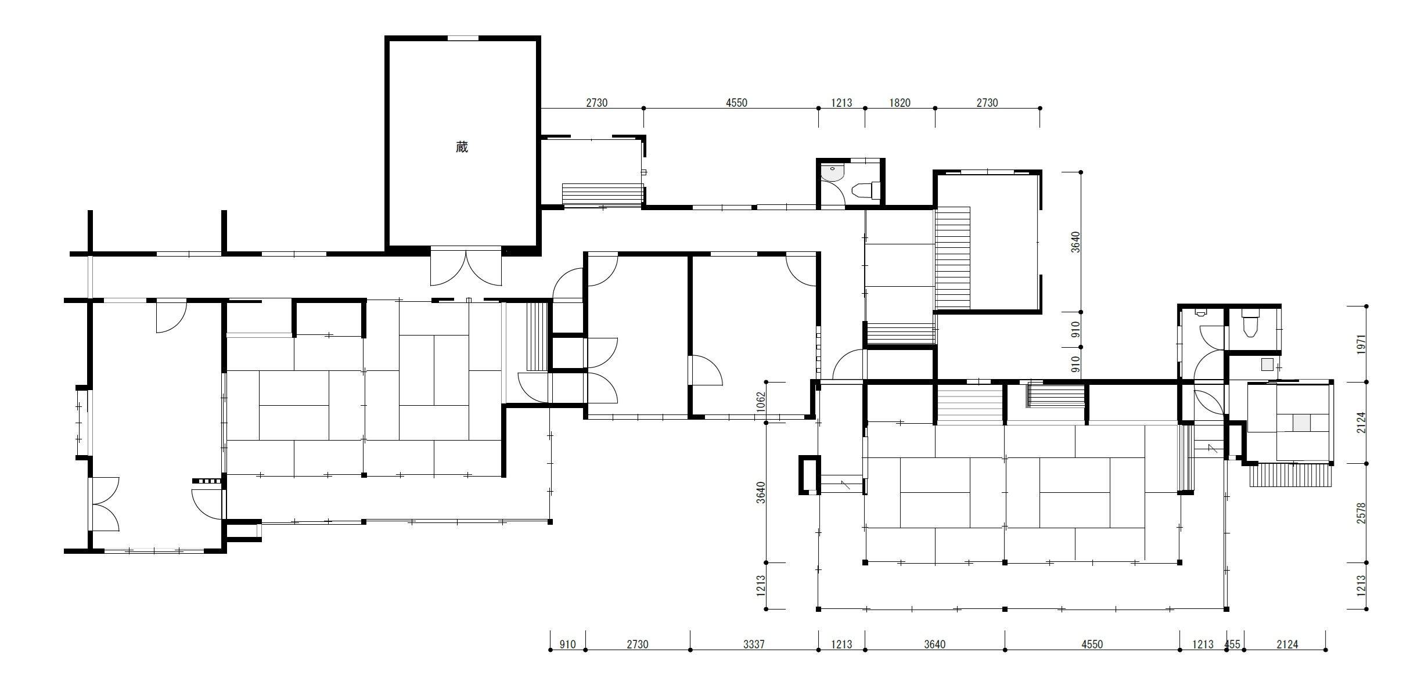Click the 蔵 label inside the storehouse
click(462, 147)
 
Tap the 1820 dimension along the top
click(899, 103)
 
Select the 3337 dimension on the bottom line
click(754, 644)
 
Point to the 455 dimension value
click(1233, 644)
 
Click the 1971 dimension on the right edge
click(1361, 345)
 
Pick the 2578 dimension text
click(1361, 513)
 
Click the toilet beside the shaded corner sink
click(866, 190)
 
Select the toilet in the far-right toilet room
click(1249, 323)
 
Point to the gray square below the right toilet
click(1266, 365)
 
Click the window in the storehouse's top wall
click(463, 38)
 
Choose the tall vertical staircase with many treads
click(952, 258)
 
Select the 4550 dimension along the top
click(736, 103)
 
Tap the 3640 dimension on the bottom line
click(934, 644)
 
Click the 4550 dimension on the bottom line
click(1092, 644)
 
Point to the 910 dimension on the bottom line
click(567, 644)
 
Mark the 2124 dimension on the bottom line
click(1287, 644)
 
